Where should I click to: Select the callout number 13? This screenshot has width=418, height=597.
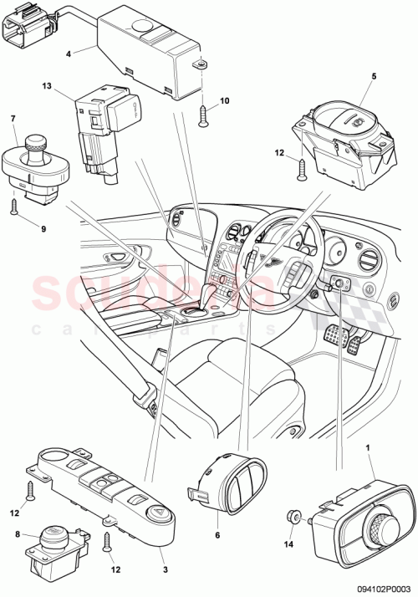coord(48,87)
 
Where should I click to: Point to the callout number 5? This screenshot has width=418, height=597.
coord(374,76)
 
